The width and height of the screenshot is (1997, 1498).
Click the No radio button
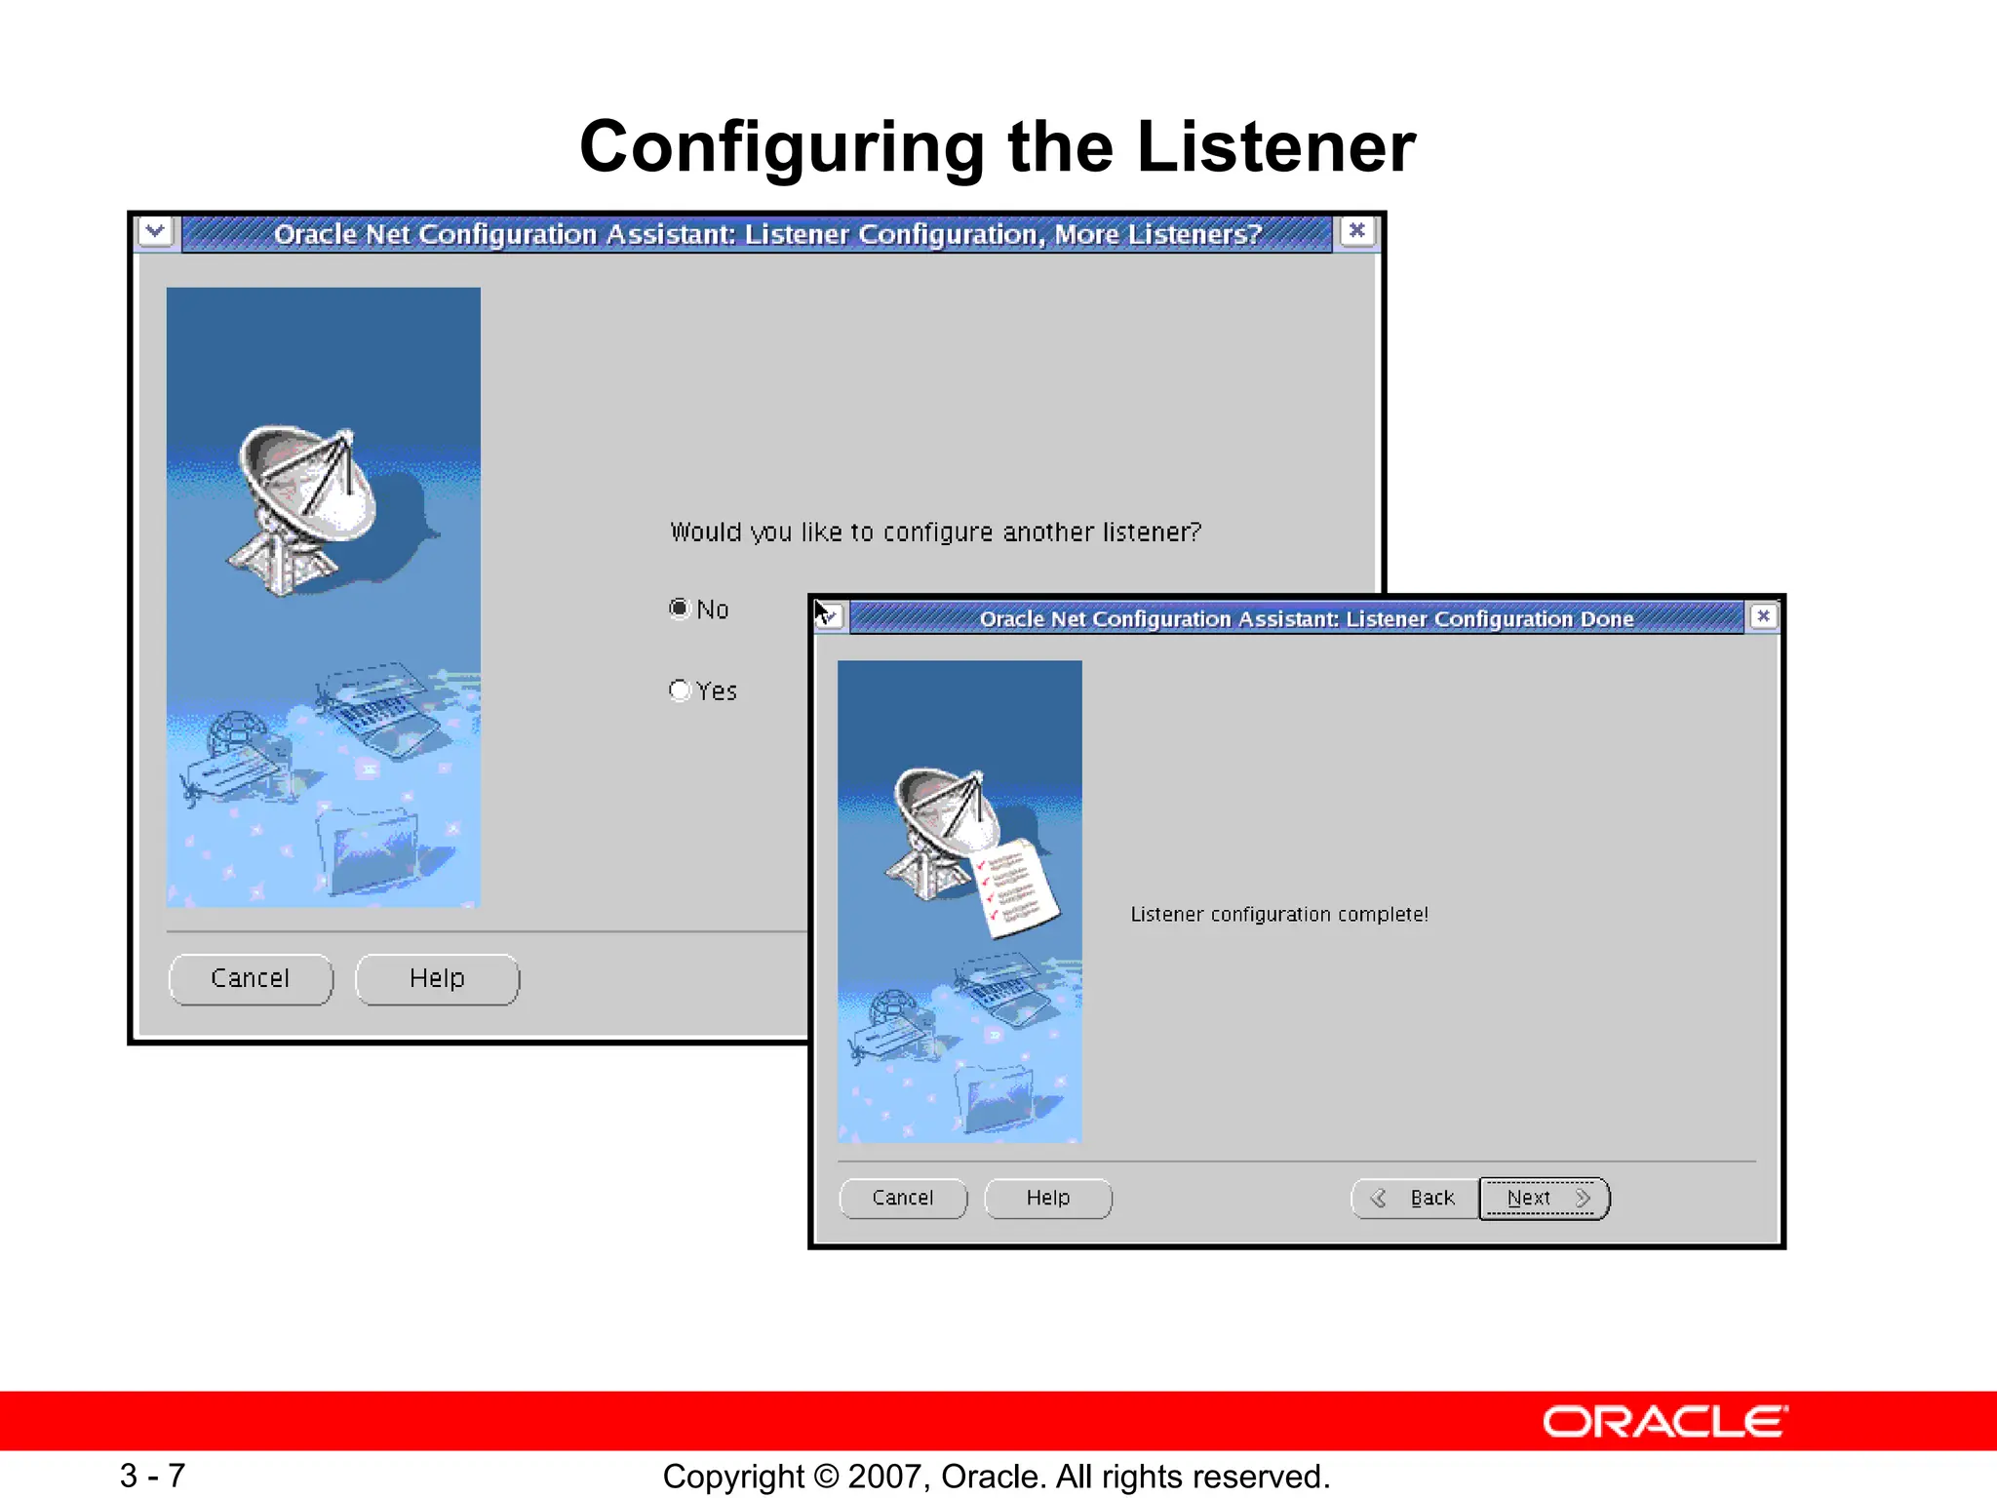tap(680, 609)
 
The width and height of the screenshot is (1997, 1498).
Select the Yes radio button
tap(680, 690)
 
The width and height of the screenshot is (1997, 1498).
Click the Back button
tap(1415, 1198)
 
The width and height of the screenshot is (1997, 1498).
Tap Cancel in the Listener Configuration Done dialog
tap(903, 1198)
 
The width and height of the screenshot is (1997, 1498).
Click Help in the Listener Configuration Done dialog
tap(1048, 1198)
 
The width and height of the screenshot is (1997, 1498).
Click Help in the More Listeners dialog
tap(437, 978)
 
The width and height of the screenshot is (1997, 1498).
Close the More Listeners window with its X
tap(1356, 231)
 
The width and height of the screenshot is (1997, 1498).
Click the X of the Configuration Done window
tap(1763, 616)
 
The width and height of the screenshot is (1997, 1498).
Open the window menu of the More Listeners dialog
tap(155, 232)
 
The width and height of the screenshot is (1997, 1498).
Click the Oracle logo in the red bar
tap(1664, 1422)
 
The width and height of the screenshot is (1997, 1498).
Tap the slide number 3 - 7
tap(153, 1475)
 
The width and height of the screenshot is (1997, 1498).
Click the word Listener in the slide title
tap(1275, 147)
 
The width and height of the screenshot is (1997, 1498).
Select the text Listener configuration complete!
tap(1279, 915)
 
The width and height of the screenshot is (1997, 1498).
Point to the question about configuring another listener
tap(936, 532)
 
